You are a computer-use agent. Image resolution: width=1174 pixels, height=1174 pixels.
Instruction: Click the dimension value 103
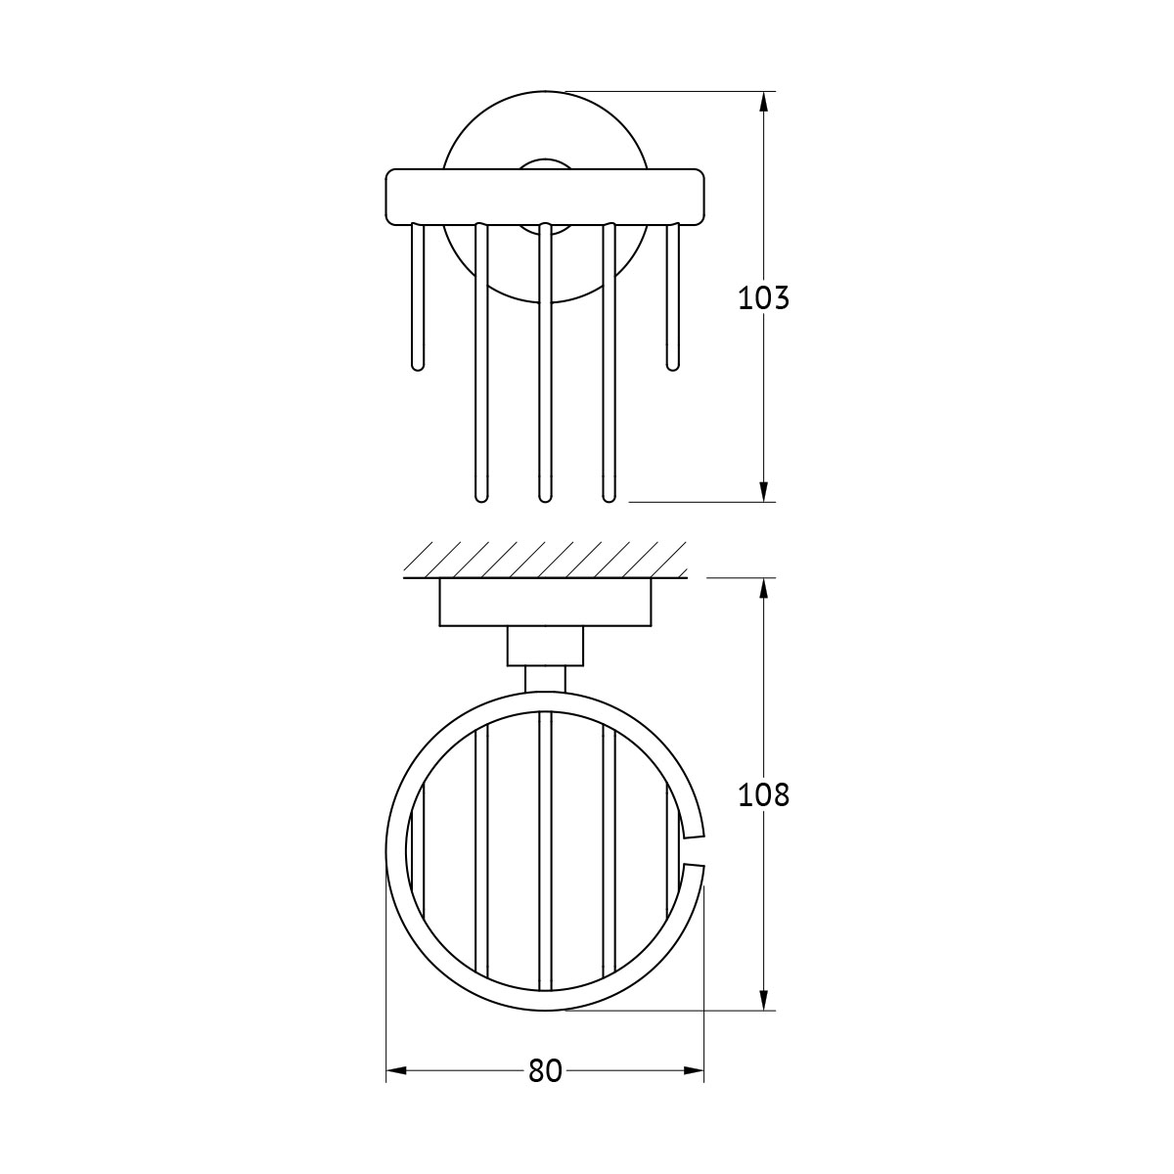763,298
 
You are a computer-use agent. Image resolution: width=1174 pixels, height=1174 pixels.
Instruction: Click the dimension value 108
763,795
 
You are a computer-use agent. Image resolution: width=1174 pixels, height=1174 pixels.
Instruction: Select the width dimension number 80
545,1070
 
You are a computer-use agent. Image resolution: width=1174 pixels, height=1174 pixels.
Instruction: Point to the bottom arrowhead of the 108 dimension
764,1001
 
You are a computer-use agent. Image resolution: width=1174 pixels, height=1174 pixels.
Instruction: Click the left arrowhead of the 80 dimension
396,1070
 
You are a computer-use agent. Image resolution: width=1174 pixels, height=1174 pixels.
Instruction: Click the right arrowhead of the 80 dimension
694,1070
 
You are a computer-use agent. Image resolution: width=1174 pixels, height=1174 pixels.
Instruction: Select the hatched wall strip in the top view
545,560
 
